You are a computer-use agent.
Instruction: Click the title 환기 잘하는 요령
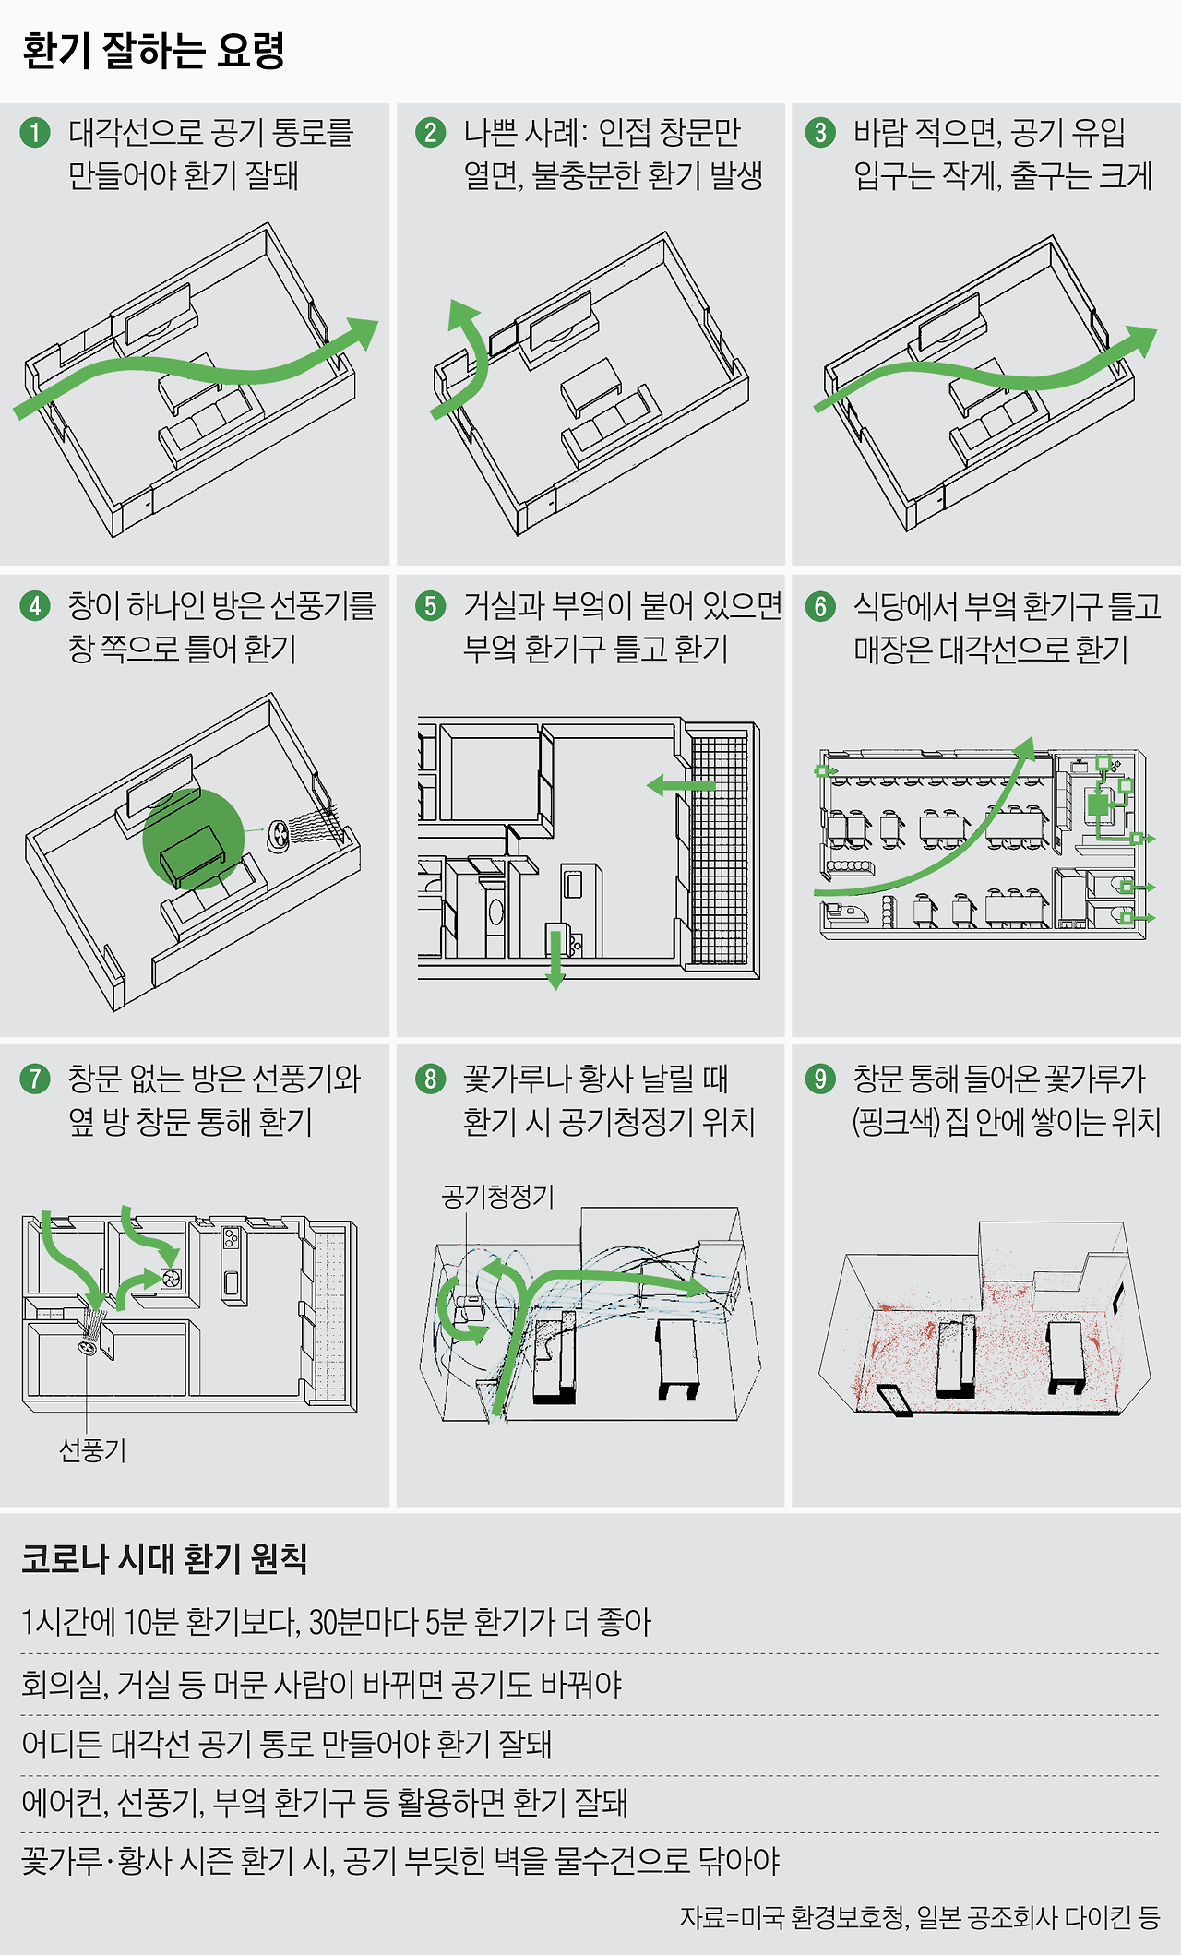(153, 51)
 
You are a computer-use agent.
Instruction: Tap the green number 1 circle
(35, 133)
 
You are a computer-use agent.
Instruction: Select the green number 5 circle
(430, 606)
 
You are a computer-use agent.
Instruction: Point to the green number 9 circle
(819, 1079)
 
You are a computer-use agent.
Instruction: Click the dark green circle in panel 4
(193, 839)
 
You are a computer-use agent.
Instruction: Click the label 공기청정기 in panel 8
(497, 1197)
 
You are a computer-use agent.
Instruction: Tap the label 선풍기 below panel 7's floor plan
(92, 1449)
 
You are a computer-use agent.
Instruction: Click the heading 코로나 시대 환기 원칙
(164, 1558)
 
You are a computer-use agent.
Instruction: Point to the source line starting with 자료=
(919, 1916)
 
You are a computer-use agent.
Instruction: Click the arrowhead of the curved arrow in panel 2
(460, 313)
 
